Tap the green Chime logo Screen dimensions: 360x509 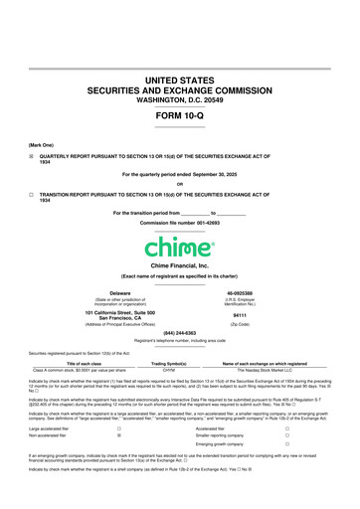point(180,244)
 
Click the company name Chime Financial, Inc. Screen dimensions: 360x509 point(180,266)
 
